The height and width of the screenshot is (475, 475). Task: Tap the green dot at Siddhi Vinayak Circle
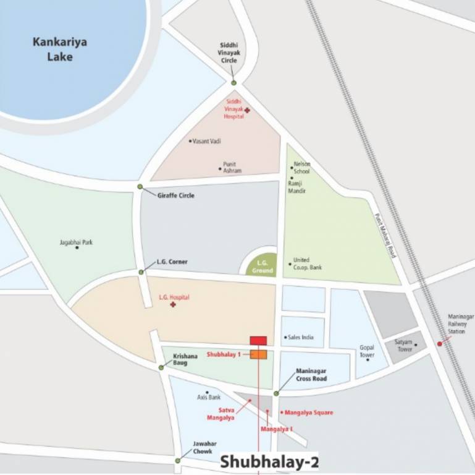click(x=233, y=83)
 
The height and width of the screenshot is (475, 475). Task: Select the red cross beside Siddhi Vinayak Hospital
click(x=247, y=110)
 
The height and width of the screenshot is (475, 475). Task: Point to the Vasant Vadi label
click(x=207, y=141)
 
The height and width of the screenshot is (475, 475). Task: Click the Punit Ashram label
click(x=232, y=167)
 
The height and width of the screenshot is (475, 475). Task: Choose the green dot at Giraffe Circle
click(x=140, y=187)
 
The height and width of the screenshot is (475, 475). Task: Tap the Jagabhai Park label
click(x=76, y=242)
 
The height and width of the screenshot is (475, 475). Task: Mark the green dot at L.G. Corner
click(x=141, y=272)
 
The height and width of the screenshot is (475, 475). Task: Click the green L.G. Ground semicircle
click(x=261, y=267)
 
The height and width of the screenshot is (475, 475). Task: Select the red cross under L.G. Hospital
click(x=174, y=306)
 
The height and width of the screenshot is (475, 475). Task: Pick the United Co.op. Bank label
click(x=307, y=263)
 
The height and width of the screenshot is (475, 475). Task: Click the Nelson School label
click(x=301, y=167)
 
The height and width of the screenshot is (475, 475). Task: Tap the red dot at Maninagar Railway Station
click(x=440, y=343)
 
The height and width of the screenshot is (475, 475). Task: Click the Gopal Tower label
click(x=367, y=351)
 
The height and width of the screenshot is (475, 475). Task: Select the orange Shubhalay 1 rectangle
click(x=258, y=354)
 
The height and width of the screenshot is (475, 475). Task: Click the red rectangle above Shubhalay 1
click(x=258, y=340)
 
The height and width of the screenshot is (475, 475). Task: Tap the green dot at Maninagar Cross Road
click(x=276, y=393)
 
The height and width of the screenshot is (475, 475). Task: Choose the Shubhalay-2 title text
click(x=269, y=461)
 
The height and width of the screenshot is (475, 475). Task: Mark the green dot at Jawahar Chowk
click(x=178, y=460)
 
